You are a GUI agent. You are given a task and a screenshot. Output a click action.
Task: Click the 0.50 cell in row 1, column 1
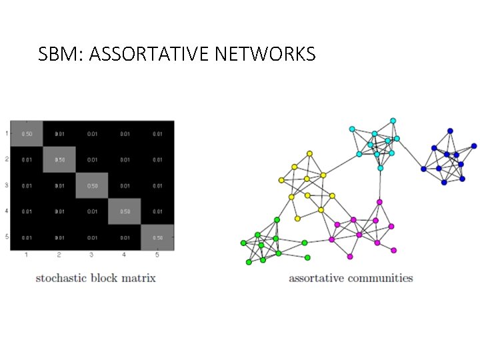pos(27,134)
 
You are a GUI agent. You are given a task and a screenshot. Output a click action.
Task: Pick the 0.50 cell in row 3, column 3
pos(92,186)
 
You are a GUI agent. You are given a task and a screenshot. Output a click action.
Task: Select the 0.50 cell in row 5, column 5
pos(157,237)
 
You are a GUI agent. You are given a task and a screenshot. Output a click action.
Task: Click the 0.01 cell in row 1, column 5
pos(157,134)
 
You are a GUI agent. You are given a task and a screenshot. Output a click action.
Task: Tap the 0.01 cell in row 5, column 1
pos(27,237)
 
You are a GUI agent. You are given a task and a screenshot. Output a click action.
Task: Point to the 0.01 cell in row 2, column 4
pos(125,160)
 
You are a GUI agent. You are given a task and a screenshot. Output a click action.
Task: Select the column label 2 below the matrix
pos(59,255)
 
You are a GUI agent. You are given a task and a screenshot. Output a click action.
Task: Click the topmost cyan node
pos(393,121)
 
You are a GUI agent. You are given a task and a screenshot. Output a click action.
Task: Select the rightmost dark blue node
pos(474,146)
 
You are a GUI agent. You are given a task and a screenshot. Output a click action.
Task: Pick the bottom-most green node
pos(249,262)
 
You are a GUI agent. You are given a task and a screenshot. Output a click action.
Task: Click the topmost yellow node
pos(309,153)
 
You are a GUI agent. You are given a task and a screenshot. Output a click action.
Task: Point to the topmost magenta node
pos(379,202)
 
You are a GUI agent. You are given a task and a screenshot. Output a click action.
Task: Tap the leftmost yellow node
pos(281,180)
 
